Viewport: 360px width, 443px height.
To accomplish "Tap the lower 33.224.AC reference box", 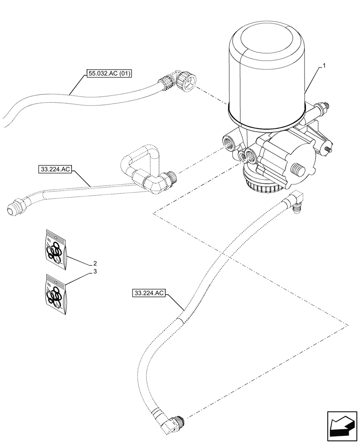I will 149,293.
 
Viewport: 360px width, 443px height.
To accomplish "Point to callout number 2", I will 94,263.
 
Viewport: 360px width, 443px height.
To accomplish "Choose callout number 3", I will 94,272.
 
